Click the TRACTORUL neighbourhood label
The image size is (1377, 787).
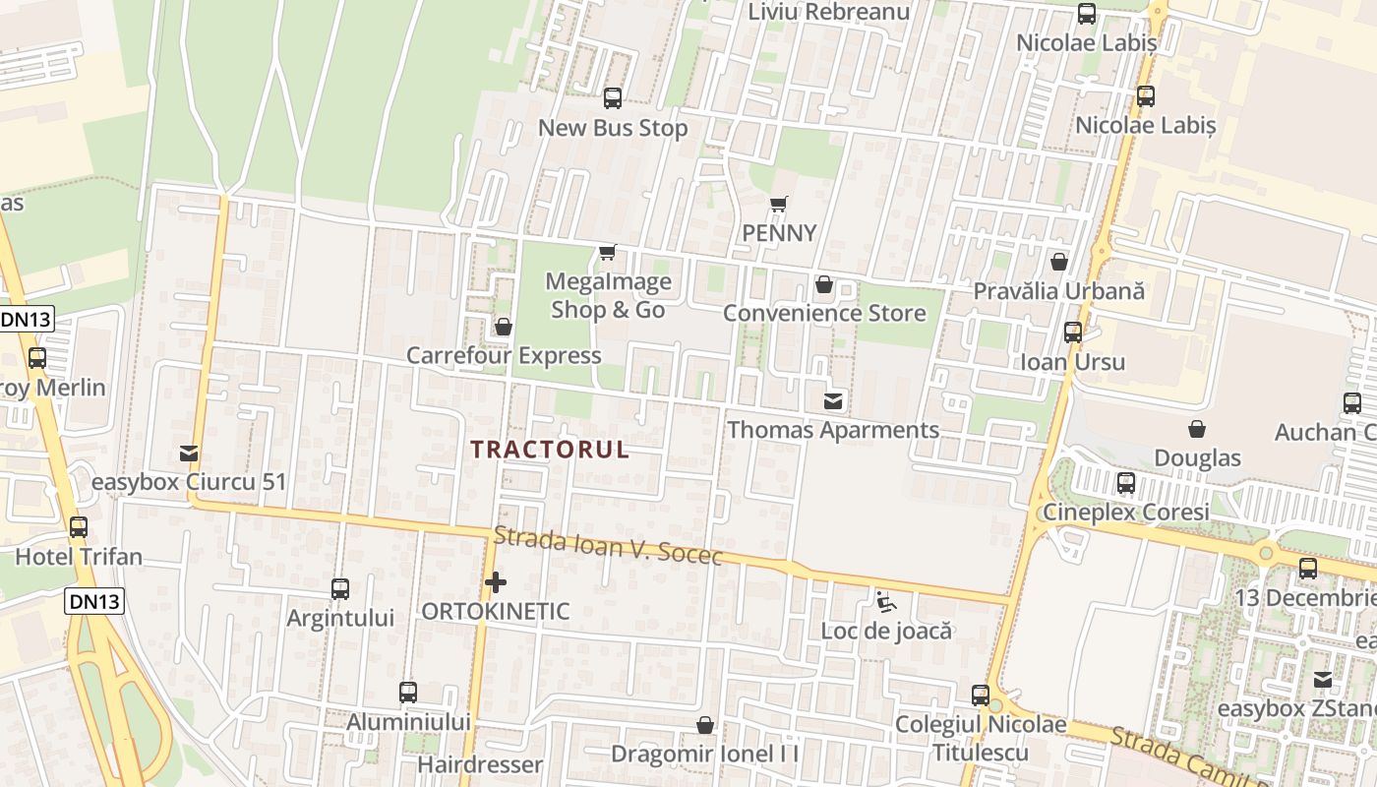point(549,450)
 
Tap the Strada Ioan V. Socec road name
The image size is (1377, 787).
point(608,546)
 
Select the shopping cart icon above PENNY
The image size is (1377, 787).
point(779,205)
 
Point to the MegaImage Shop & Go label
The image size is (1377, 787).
point(608,295)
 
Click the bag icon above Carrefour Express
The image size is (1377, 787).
point(504,327)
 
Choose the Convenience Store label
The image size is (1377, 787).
point(824,313)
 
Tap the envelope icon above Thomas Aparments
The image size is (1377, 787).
point(833,400)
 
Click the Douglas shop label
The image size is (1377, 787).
point(1197,457)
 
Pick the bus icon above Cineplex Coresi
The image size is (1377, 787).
point(1126,483)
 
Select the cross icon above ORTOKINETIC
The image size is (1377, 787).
point(496,582)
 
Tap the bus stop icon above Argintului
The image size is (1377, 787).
point(340,589)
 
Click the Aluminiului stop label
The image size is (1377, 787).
point(409,721)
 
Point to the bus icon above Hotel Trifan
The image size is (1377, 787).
point(79,527)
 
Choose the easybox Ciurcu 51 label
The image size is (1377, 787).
point(189,482)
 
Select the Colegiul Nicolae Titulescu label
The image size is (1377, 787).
point(981,738)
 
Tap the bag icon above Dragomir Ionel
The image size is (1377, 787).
point(705,726)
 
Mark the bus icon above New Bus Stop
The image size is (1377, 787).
point(613,98)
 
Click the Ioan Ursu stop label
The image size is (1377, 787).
point(1072,361)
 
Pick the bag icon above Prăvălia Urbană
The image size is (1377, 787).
point(1059,262)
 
